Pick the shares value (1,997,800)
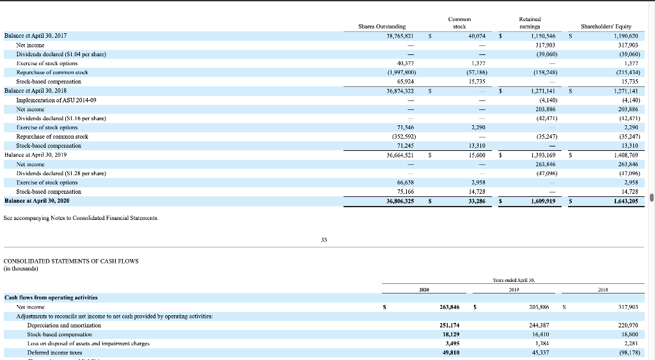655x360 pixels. pyautogui.click(x=402, y=72)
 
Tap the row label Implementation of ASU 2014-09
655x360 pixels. pyautogui.click(x=57, y=100)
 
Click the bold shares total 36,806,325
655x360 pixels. pyautogui.click(x=400, y=201)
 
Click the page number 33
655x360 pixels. pyautogui.click(x=324, y=240)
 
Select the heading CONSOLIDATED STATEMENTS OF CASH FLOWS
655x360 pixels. pyautogui.click(x=71, y=261)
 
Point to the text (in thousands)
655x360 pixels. pyautogui.click(x=21, y=269)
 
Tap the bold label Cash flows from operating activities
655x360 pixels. pyautogui.click(x=51, y=297)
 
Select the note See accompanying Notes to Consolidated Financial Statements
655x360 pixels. pyautogui.click(x=81, y=219)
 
